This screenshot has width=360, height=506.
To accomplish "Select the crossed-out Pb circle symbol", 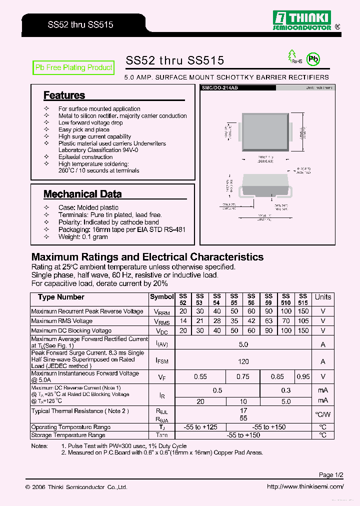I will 313,59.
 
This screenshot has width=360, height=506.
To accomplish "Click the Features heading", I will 64,95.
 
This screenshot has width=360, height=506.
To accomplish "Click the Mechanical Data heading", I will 82,194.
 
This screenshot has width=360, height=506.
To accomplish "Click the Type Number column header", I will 61,297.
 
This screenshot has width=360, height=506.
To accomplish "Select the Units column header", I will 322,297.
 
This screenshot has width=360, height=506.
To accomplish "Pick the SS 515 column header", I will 303,299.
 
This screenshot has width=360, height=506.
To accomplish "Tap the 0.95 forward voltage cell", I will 303,377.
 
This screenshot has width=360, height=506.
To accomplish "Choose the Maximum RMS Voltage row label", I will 62,321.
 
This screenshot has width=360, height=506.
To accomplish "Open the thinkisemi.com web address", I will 304,486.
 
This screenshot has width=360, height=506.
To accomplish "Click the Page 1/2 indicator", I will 331,474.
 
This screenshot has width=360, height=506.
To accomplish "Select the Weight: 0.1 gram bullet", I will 83,236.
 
